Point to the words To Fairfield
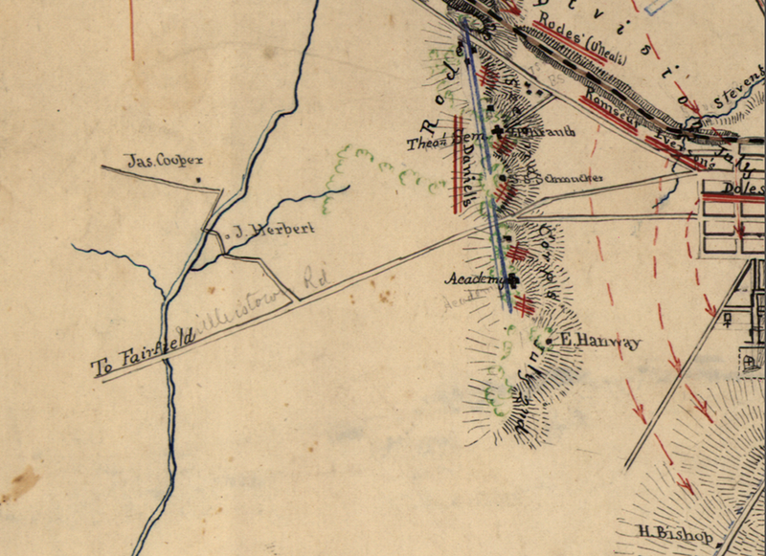coord(144,350)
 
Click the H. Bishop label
coord(676,534)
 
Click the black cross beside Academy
coord(513,280)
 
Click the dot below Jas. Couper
coord(198,179)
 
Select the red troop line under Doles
coord(732,198)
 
